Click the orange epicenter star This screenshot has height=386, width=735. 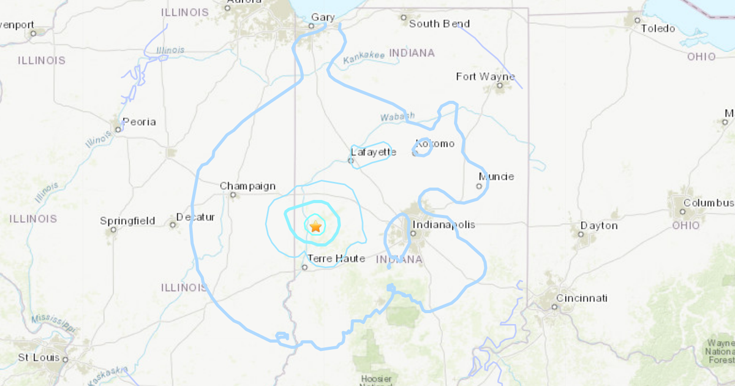(315, 226)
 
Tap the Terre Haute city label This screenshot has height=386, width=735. (336, 259)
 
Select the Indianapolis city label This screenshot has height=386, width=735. (443, 225)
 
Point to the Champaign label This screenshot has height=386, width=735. (247, 186)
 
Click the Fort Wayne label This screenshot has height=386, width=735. (485, 77)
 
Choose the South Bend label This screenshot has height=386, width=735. (439, 24)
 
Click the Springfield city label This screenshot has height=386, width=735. (127, 221)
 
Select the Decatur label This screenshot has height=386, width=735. (195, 217)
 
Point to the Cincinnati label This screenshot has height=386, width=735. (581, 298)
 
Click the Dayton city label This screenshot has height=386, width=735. (599, 225)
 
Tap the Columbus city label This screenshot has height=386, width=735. (708, 203)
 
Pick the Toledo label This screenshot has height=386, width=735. (658, 28)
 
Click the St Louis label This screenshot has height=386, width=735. (39, 357)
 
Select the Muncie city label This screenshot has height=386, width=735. (496, 177)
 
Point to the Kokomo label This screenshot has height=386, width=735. (435, 144)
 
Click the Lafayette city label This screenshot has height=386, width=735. (374, 152)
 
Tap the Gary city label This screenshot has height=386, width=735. (322, 17)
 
